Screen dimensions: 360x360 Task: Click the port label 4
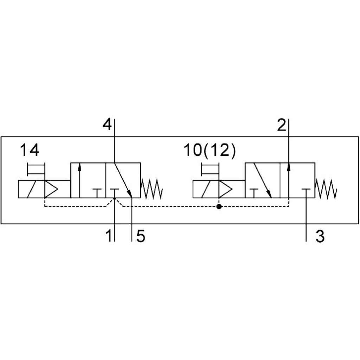(x=107, y=124)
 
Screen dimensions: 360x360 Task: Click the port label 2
(x=282, y=125)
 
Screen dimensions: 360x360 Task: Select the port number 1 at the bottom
(x=109, y=236)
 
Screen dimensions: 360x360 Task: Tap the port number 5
(x=141, y=236)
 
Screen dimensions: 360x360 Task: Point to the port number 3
(x=320, y=236)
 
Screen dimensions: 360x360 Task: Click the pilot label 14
(x=30, y=150)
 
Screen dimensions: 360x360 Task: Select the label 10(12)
(x=209, y=150)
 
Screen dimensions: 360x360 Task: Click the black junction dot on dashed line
(x=219, y=207)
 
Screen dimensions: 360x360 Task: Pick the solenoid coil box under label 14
(x=31, y=189)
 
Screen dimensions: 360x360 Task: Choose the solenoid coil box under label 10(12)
(x=206, y=189)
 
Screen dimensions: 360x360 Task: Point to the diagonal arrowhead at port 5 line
(x=130, y=194)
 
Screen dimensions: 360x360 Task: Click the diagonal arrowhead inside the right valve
(x=270, y=194)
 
